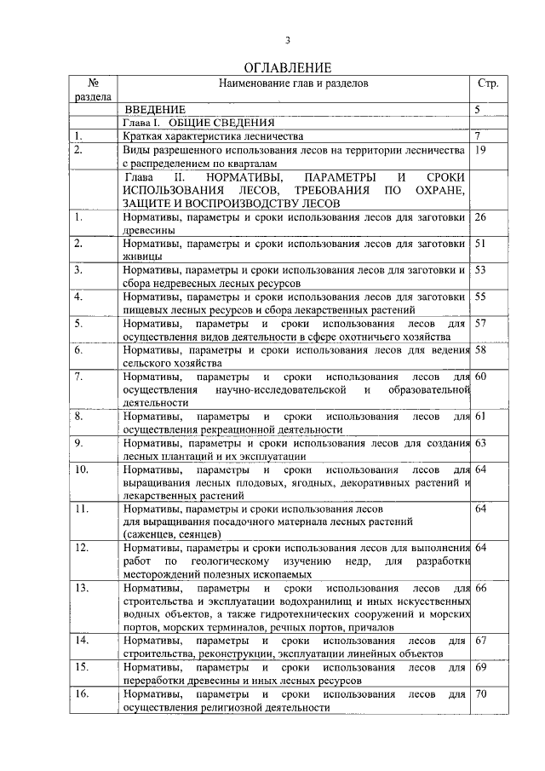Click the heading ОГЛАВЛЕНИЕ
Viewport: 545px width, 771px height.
pos(287,67)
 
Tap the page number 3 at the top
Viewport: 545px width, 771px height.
pos(287,40)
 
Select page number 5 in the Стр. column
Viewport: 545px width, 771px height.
pos(478,110)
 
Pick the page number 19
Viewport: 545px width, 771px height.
pos(480,149)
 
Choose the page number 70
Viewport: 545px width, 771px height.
pos(481,694)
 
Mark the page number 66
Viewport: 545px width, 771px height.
pos(480,589)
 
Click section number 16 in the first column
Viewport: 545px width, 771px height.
pos(83,694)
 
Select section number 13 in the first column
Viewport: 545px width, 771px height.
pos(83,589)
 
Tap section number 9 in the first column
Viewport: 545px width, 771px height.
pos(78,443)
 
